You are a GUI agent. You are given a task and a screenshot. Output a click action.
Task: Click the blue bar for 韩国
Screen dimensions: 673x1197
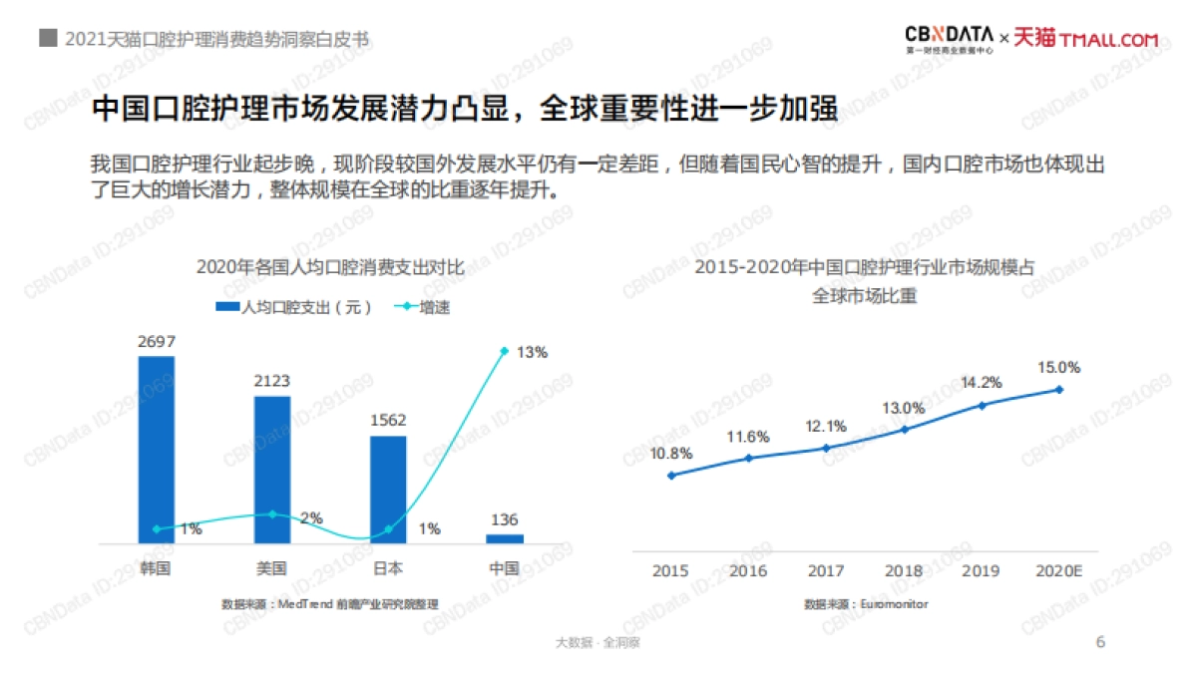click(156, 450)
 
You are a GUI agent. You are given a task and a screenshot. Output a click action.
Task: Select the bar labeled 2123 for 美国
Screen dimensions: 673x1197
click(272, 470)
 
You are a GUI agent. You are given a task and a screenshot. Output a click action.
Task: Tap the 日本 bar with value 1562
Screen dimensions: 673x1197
click(388, 490)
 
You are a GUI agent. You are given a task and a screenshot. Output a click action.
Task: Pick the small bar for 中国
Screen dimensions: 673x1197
click(505, 538)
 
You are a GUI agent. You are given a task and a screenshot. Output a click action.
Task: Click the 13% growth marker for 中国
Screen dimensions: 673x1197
click(505, 351)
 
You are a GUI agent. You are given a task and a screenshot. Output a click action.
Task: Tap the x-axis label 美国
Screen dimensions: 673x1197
click(271, 569)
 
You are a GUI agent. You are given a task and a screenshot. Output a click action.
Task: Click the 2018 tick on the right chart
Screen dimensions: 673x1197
click(904, 570)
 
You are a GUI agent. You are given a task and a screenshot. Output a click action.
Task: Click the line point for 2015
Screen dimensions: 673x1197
click(671, 475)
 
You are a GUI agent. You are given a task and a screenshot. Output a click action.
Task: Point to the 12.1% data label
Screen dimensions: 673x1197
click(826, 427)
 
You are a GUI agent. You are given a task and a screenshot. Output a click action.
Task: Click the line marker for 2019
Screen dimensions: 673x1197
click(983, 405)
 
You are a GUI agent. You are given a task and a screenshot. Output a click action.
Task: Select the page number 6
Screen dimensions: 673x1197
click(1100, 641)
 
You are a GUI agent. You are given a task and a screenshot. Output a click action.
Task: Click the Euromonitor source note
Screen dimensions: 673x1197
click(866, 603)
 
